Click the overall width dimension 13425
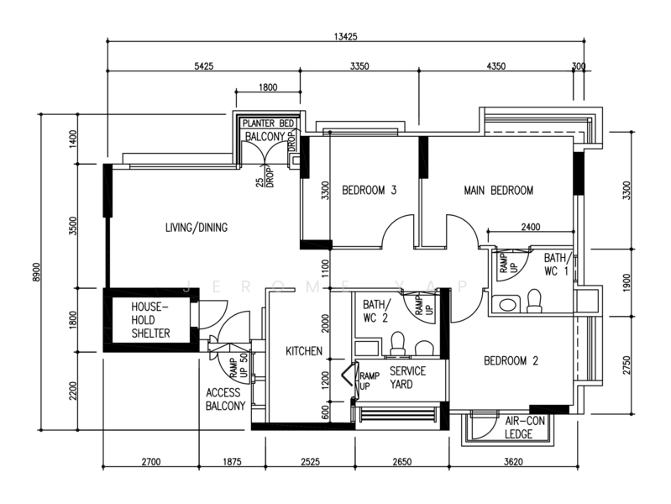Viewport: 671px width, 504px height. pos(347,36)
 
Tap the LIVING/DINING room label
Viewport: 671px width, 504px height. pos(196,227)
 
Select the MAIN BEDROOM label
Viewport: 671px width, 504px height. pos(498,191)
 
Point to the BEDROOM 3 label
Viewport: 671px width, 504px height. pos(369,191)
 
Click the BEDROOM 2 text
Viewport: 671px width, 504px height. pos(511,361)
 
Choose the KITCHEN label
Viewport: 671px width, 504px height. pos(303,351)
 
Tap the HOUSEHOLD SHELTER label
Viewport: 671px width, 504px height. pos(151,321)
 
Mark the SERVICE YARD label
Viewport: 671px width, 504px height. pos(407,377)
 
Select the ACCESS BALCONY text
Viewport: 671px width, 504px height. pos(226,399)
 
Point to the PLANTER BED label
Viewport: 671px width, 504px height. pos(267,123)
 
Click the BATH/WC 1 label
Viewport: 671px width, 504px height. pos(557,265)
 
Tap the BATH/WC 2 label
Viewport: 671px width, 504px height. pos(375,311)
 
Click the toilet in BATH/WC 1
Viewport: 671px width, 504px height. pos(533,302)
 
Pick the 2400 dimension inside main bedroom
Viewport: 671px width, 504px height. pos(532,226)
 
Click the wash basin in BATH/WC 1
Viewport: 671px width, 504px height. pos(505,305)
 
